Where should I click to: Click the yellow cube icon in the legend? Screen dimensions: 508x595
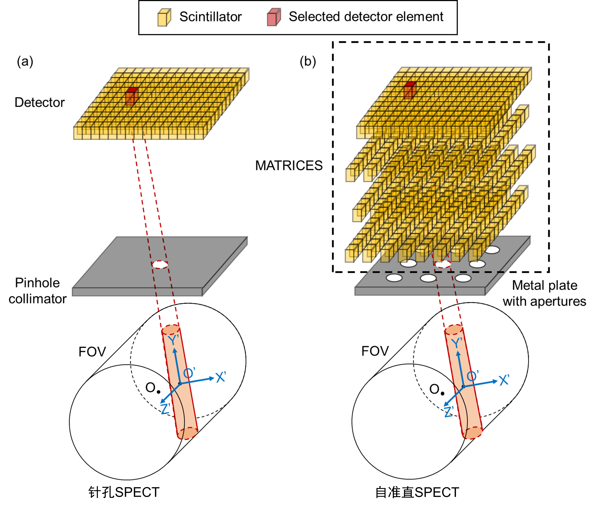pyautogui.click(x=164, y=17)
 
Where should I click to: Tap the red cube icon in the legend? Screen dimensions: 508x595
pyautogui.click(x=274, y=17)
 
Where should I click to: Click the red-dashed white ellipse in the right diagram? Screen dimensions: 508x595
pyautogui.click(x=443, y=264)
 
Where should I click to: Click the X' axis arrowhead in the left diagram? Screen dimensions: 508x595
pyautogui.click(x=212, y=378)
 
